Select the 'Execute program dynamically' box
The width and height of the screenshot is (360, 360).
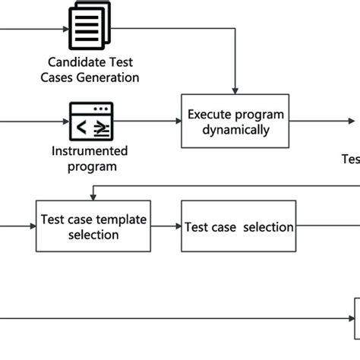point(235,122)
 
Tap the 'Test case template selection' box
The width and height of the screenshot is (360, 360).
point(93,227)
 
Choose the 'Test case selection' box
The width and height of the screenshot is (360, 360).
point(238,227)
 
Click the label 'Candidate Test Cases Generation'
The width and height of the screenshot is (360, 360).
point(93,69)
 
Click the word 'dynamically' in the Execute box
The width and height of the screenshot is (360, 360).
point(235,130)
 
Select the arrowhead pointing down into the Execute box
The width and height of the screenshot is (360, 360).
point(235,90)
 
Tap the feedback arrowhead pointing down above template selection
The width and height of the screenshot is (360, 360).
point(93,196)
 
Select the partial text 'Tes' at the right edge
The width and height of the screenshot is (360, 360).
point(350,159)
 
